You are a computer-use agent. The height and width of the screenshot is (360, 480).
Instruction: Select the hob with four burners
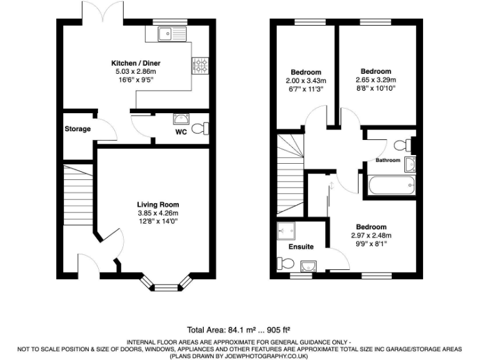click(201, 65)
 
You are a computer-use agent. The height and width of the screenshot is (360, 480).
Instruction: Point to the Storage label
click(77, 129)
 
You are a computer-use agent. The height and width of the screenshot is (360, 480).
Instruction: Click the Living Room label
click(158, 204)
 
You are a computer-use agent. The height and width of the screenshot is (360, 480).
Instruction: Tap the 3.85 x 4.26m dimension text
click(158, 213)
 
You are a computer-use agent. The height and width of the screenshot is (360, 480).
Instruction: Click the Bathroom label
click(387, 161)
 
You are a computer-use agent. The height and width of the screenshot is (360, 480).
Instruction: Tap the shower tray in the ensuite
click(286, 231)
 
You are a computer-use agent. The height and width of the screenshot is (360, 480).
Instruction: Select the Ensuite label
click(301, 247)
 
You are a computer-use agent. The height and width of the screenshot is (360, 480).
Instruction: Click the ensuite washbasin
click(305, 267)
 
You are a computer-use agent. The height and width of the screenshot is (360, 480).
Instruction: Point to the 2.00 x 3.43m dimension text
click(306, 80)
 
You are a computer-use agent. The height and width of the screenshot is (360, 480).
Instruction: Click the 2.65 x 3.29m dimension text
click(376, 80)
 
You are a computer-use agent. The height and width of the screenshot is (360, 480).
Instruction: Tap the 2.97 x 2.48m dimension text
click(371, 236)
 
